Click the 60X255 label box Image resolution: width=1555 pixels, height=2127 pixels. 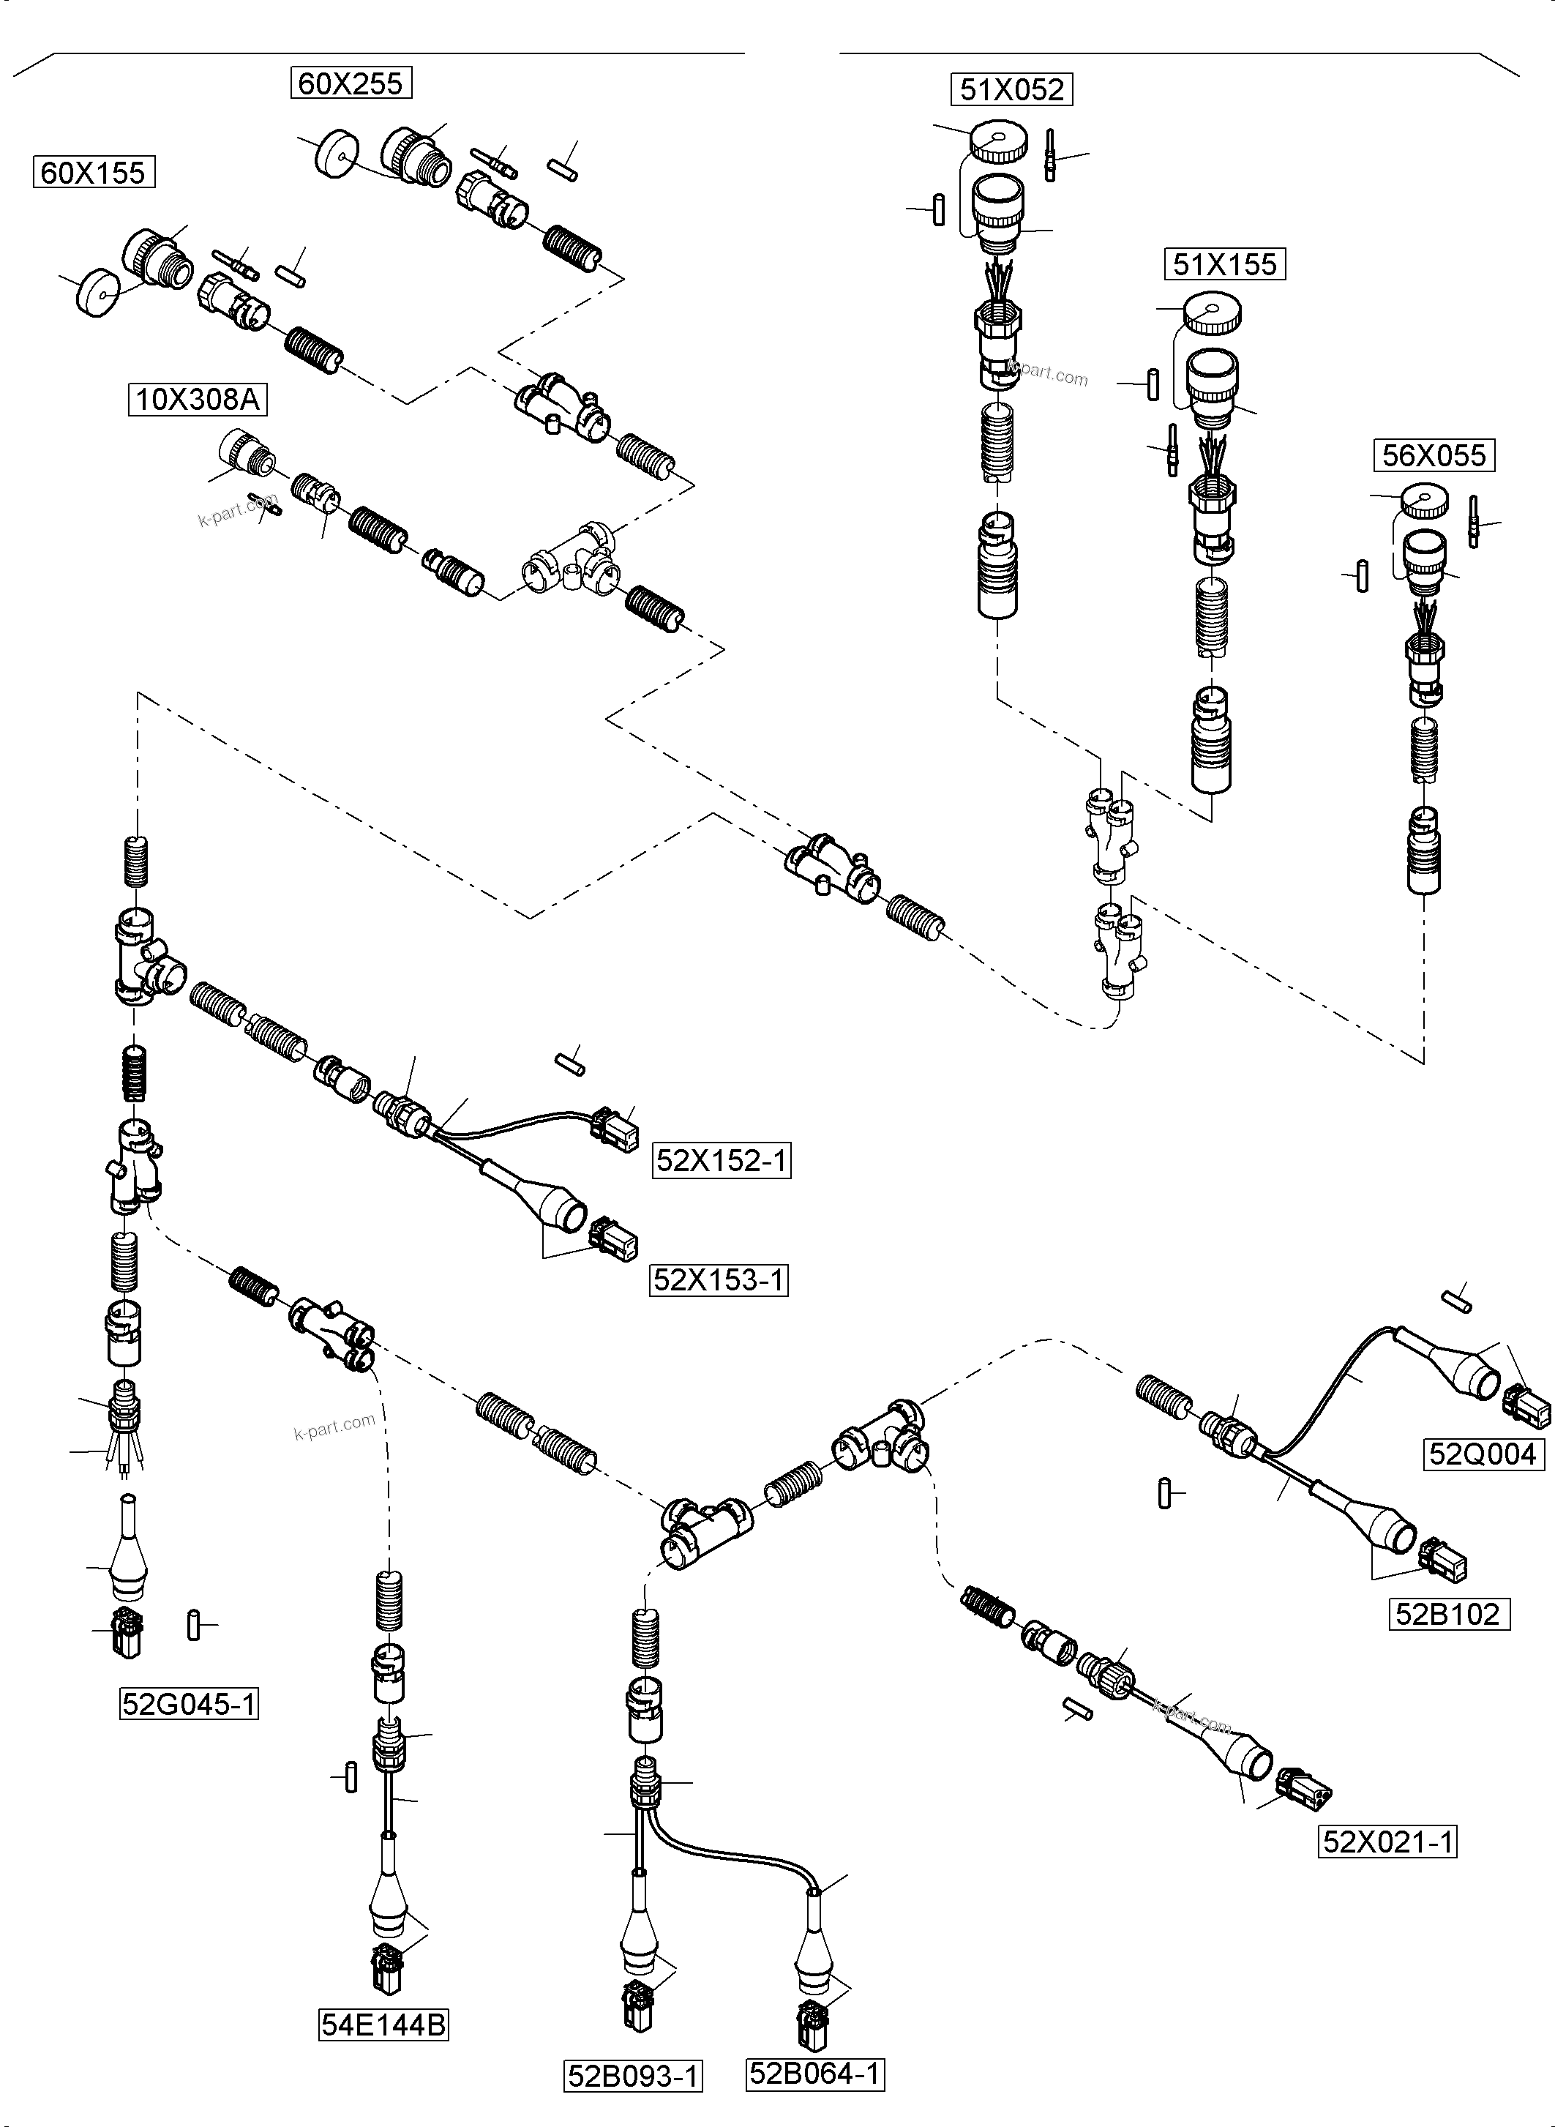(351, 83)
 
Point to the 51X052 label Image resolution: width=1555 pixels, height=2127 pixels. (1012, 90)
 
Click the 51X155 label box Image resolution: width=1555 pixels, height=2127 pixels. (1225, 264)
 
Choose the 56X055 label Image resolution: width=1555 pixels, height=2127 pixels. (1434, 456)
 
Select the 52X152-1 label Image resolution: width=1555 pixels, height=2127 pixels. (721, 1161)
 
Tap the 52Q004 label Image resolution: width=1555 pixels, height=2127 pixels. (1483, 1454)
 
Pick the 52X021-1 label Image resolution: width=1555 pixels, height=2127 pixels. (1387, 1841)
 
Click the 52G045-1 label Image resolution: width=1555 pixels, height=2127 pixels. (190, 1704)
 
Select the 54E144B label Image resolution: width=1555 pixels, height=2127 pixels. (383, 2025)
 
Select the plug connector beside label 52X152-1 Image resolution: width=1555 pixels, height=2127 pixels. (614, 1128)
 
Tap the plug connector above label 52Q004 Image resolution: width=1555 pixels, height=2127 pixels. (1526, 1408)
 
